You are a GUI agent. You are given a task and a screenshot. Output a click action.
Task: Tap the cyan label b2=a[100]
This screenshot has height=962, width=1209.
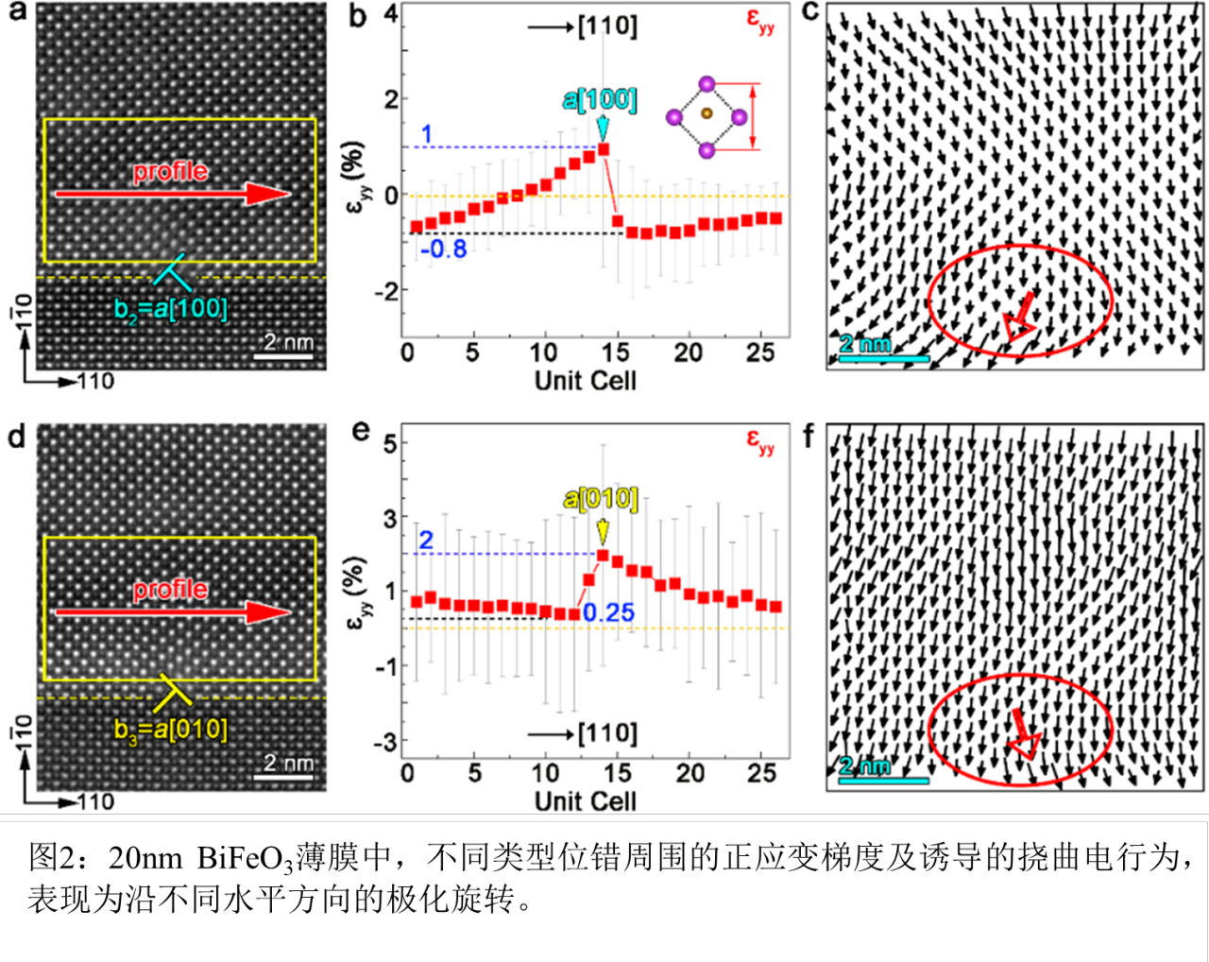(x=171, y=309)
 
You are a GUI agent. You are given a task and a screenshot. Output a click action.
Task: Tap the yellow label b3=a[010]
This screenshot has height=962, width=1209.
(x=171, y=730)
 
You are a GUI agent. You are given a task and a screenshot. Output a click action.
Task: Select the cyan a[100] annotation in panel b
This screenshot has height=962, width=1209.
(x=600, y=100)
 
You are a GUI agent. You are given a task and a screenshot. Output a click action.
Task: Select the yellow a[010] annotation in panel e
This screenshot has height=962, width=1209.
(x=601, y=498)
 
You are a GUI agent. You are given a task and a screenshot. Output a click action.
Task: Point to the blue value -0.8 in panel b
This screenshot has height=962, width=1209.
(x=444, y=249)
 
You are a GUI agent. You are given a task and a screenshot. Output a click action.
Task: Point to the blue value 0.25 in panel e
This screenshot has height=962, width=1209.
(x=608, y=612)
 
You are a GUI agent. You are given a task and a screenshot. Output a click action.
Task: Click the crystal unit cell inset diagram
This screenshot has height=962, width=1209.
(x=707, y=116)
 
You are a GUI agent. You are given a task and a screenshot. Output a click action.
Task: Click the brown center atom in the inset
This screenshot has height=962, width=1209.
(x=707, y=114)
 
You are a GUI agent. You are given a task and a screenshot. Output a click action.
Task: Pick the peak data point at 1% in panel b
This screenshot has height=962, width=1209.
(x=603, y=149)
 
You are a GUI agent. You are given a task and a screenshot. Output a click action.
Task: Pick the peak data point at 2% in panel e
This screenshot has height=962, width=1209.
(x=603, y=556)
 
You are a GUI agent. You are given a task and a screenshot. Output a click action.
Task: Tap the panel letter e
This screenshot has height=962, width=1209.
(x=360, y=433)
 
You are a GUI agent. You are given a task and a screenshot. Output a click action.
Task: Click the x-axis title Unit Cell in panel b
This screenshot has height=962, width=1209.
(x=586, y=381)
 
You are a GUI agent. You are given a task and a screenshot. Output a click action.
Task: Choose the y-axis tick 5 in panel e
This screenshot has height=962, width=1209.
(x=390, y=444)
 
